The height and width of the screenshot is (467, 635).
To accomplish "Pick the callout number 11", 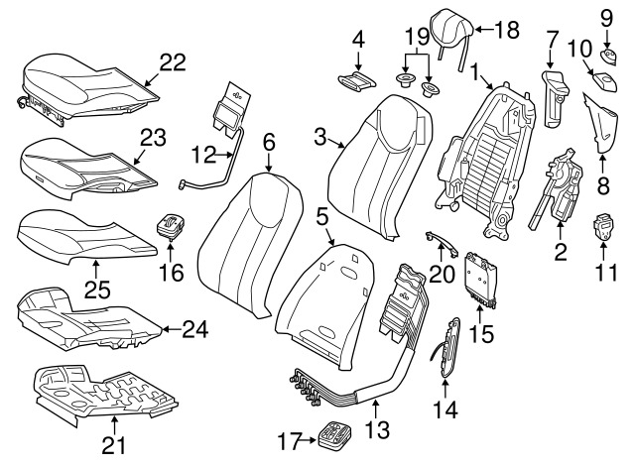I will (606, 271).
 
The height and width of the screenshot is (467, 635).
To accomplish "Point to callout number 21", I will (115, 444).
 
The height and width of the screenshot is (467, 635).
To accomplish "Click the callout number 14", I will (445, 406).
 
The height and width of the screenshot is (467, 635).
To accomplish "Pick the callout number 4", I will (358, 41).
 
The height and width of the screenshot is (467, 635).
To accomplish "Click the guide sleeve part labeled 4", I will (355, 79).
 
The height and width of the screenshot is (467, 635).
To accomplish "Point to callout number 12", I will (202, 156).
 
